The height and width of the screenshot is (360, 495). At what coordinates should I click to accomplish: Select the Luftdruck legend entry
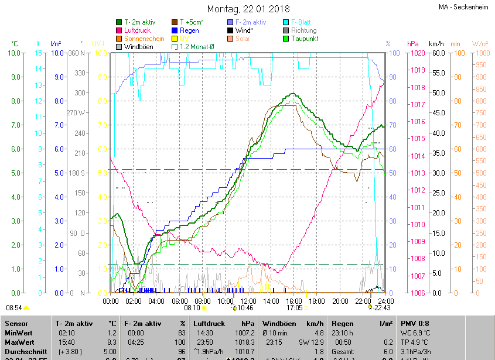[136, 30]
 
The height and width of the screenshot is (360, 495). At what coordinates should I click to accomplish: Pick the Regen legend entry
[189, 30]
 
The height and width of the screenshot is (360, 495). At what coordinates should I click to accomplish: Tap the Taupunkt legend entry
[304, 39]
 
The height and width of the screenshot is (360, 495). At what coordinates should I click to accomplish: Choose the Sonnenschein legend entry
[144, 39]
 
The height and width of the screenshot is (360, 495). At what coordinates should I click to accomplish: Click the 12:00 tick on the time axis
[248, 301]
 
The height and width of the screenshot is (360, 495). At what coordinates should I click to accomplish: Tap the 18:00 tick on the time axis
[317, 301]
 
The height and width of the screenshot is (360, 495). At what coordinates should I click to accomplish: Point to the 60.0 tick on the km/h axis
[437, 53]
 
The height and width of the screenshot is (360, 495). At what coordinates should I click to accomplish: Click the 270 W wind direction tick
[76, 112]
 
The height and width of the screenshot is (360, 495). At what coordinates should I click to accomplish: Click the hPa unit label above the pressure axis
[413, 44]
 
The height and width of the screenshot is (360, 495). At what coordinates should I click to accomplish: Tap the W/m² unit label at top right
[480, 44]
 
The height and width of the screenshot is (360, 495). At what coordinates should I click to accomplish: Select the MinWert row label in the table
[18, 333]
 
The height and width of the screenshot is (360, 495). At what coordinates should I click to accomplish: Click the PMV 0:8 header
[415, 324]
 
